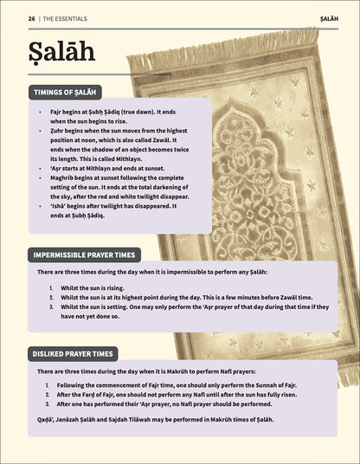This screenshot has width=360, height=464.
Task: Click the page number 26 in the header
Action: click(x=31, y=17)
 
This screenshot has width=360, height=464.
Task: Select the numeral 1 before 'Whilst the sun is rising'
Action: click(x=51, y=287)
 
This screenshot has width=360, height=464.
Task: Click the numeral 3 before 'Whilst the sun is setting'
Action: click(x=51, y=306)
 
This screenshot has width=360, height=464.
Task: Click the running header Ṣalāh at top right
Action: click(x=328, y=17)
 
